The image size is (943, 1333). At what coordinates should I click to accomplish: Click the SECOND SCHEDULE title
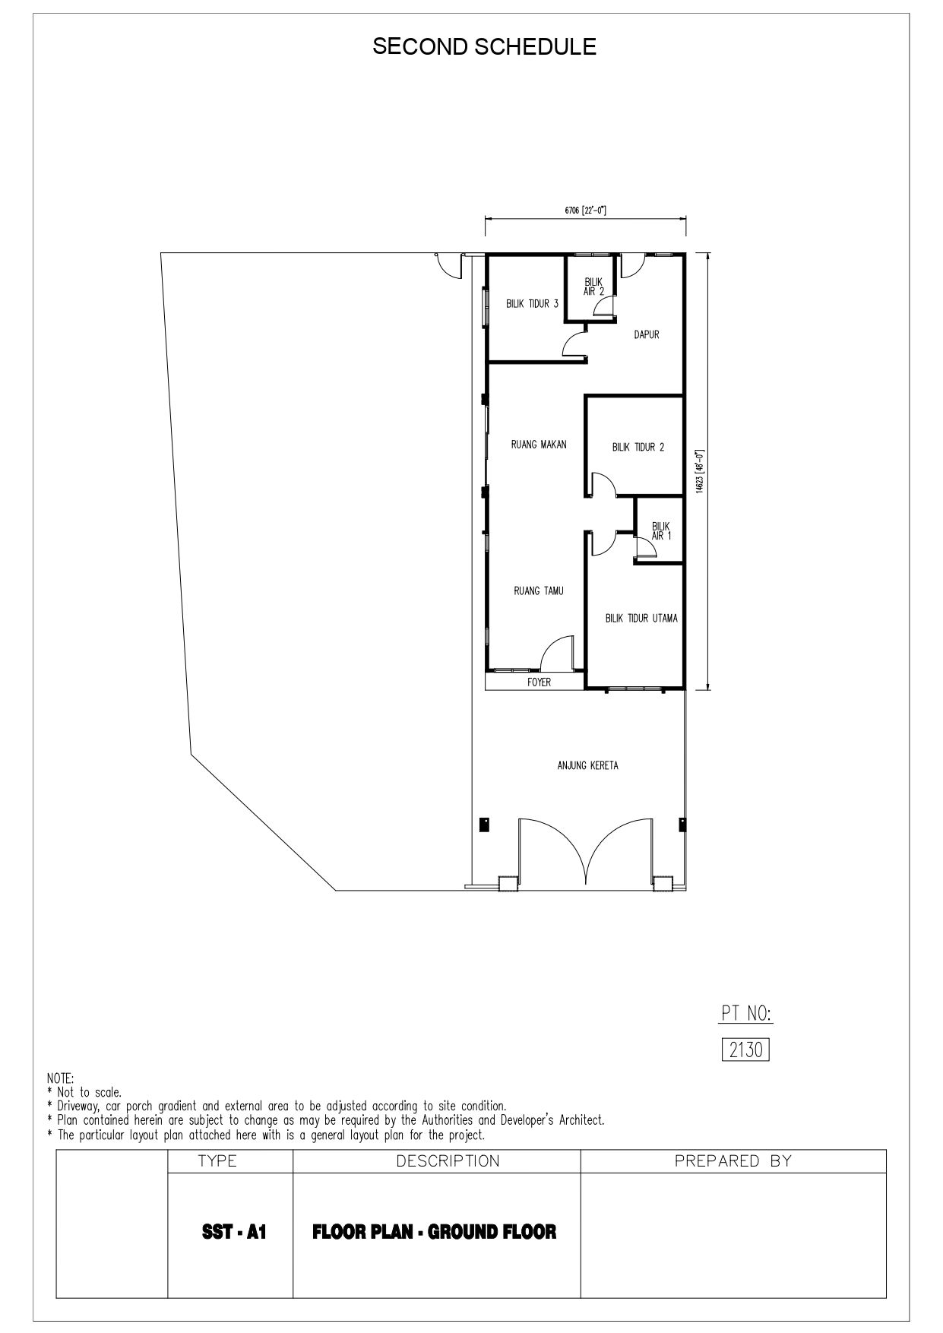(484, 47)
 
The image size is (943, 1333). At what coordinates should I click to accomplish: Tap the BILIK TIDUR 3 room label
(533, 304)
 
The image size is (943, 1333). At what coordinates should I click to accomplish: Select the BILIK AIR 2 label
(593, 287)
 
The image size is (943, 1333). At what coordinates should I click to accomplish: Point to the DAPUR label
(647, 334)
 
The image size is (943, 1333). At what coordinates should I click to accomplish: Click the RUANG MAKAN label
(539, 445)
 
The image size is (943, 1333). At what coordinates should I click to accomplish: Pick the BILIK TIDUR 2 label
(638, 448)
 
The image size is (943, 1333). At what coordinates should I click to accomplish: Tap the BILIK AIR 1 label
(661, 530)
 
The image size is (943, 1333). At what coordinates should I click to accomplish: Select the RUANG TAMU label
(539, 591)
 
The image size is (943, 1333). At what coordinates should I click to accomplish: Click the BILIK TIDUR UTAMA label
(641, 619)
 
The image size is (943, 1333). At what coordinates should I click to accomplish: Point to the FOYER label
(540, 682)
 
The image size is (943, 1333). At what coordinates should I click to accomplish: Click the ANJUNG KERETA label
(588, 765)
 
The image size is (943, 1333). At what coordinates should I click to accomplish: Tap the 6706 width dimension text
(585, 210)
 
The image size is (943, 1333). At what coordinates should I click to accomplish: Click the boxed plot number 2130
(745, 1050)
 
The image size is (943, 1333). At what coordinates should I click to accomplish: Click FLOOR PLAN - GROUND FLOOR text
(435, 1231)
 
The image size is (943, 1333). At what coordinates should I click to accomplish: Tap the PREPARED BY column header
(733, 1160)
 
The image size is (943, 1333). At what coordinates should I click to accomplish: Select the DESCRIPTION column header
(448, 1160)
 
